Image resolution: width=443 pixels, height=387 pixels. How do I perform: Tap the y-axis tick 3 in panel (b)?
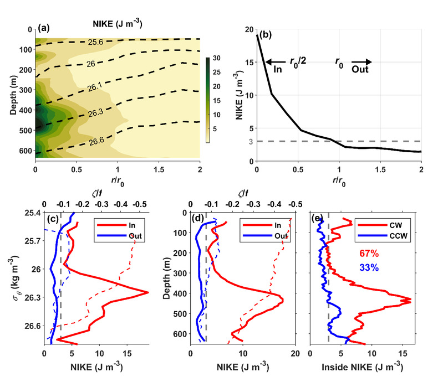pyautogui.click(x=251, y=142)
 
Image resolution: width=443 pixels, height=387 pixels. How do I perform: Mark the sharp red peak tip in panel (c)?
pyautogui.click(x=147, y=292)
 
